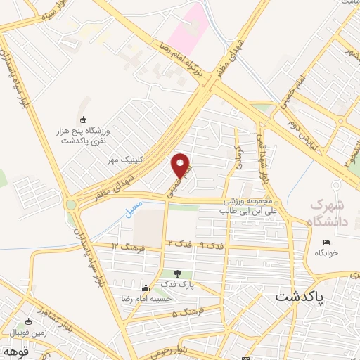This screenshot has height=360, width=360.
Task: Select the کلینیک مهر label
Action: click(x=139, y=160)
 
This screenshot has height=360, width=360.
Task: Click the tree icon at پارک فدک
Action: click(x=176, y=274)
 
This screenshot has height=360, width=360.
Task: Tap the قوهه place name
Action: click(x=13, y=350)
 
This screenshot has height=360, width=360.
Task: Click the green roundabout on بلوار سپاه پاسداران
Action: click(x=71, y=206)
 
